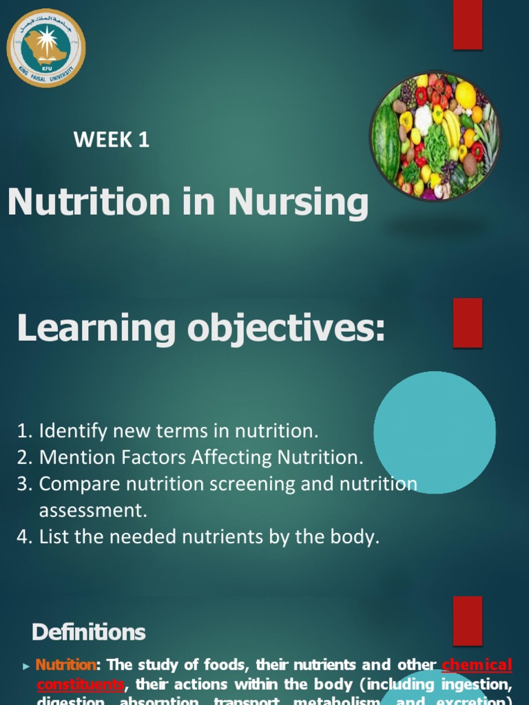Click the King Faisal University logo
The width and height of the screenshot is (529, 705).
click(46, 48)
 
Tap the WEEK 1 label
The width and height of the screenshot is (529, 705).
click(112, 140)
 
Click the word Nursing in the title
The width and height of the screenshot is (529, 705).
click(298, 202)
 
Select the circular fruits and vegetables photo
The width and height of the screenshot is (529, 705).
click(435, 136)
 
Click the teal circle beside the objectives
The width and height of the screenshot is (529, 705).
click(435, 432)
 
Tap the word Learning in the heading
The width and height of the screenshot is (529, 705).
click(96, 328)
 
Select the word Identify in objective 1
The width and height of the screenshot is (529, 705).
click(65, 432)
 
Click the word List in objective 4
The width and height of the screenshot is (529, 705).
click(54, 537)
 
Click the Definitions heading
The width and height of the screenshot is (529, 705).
click(89, 632)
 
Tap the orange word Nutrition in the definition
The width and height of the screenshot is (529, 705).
click(66, 665)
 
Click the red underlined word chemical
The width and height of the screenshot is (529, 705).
click(477, 665)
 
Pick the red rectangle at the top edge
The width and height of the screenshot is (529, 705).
click(467, 25)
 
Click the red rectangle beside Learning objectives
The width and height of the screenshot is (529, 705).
click(467, 323)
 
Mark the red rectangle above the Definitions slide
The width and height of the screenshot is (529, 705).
click(467, 620)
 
